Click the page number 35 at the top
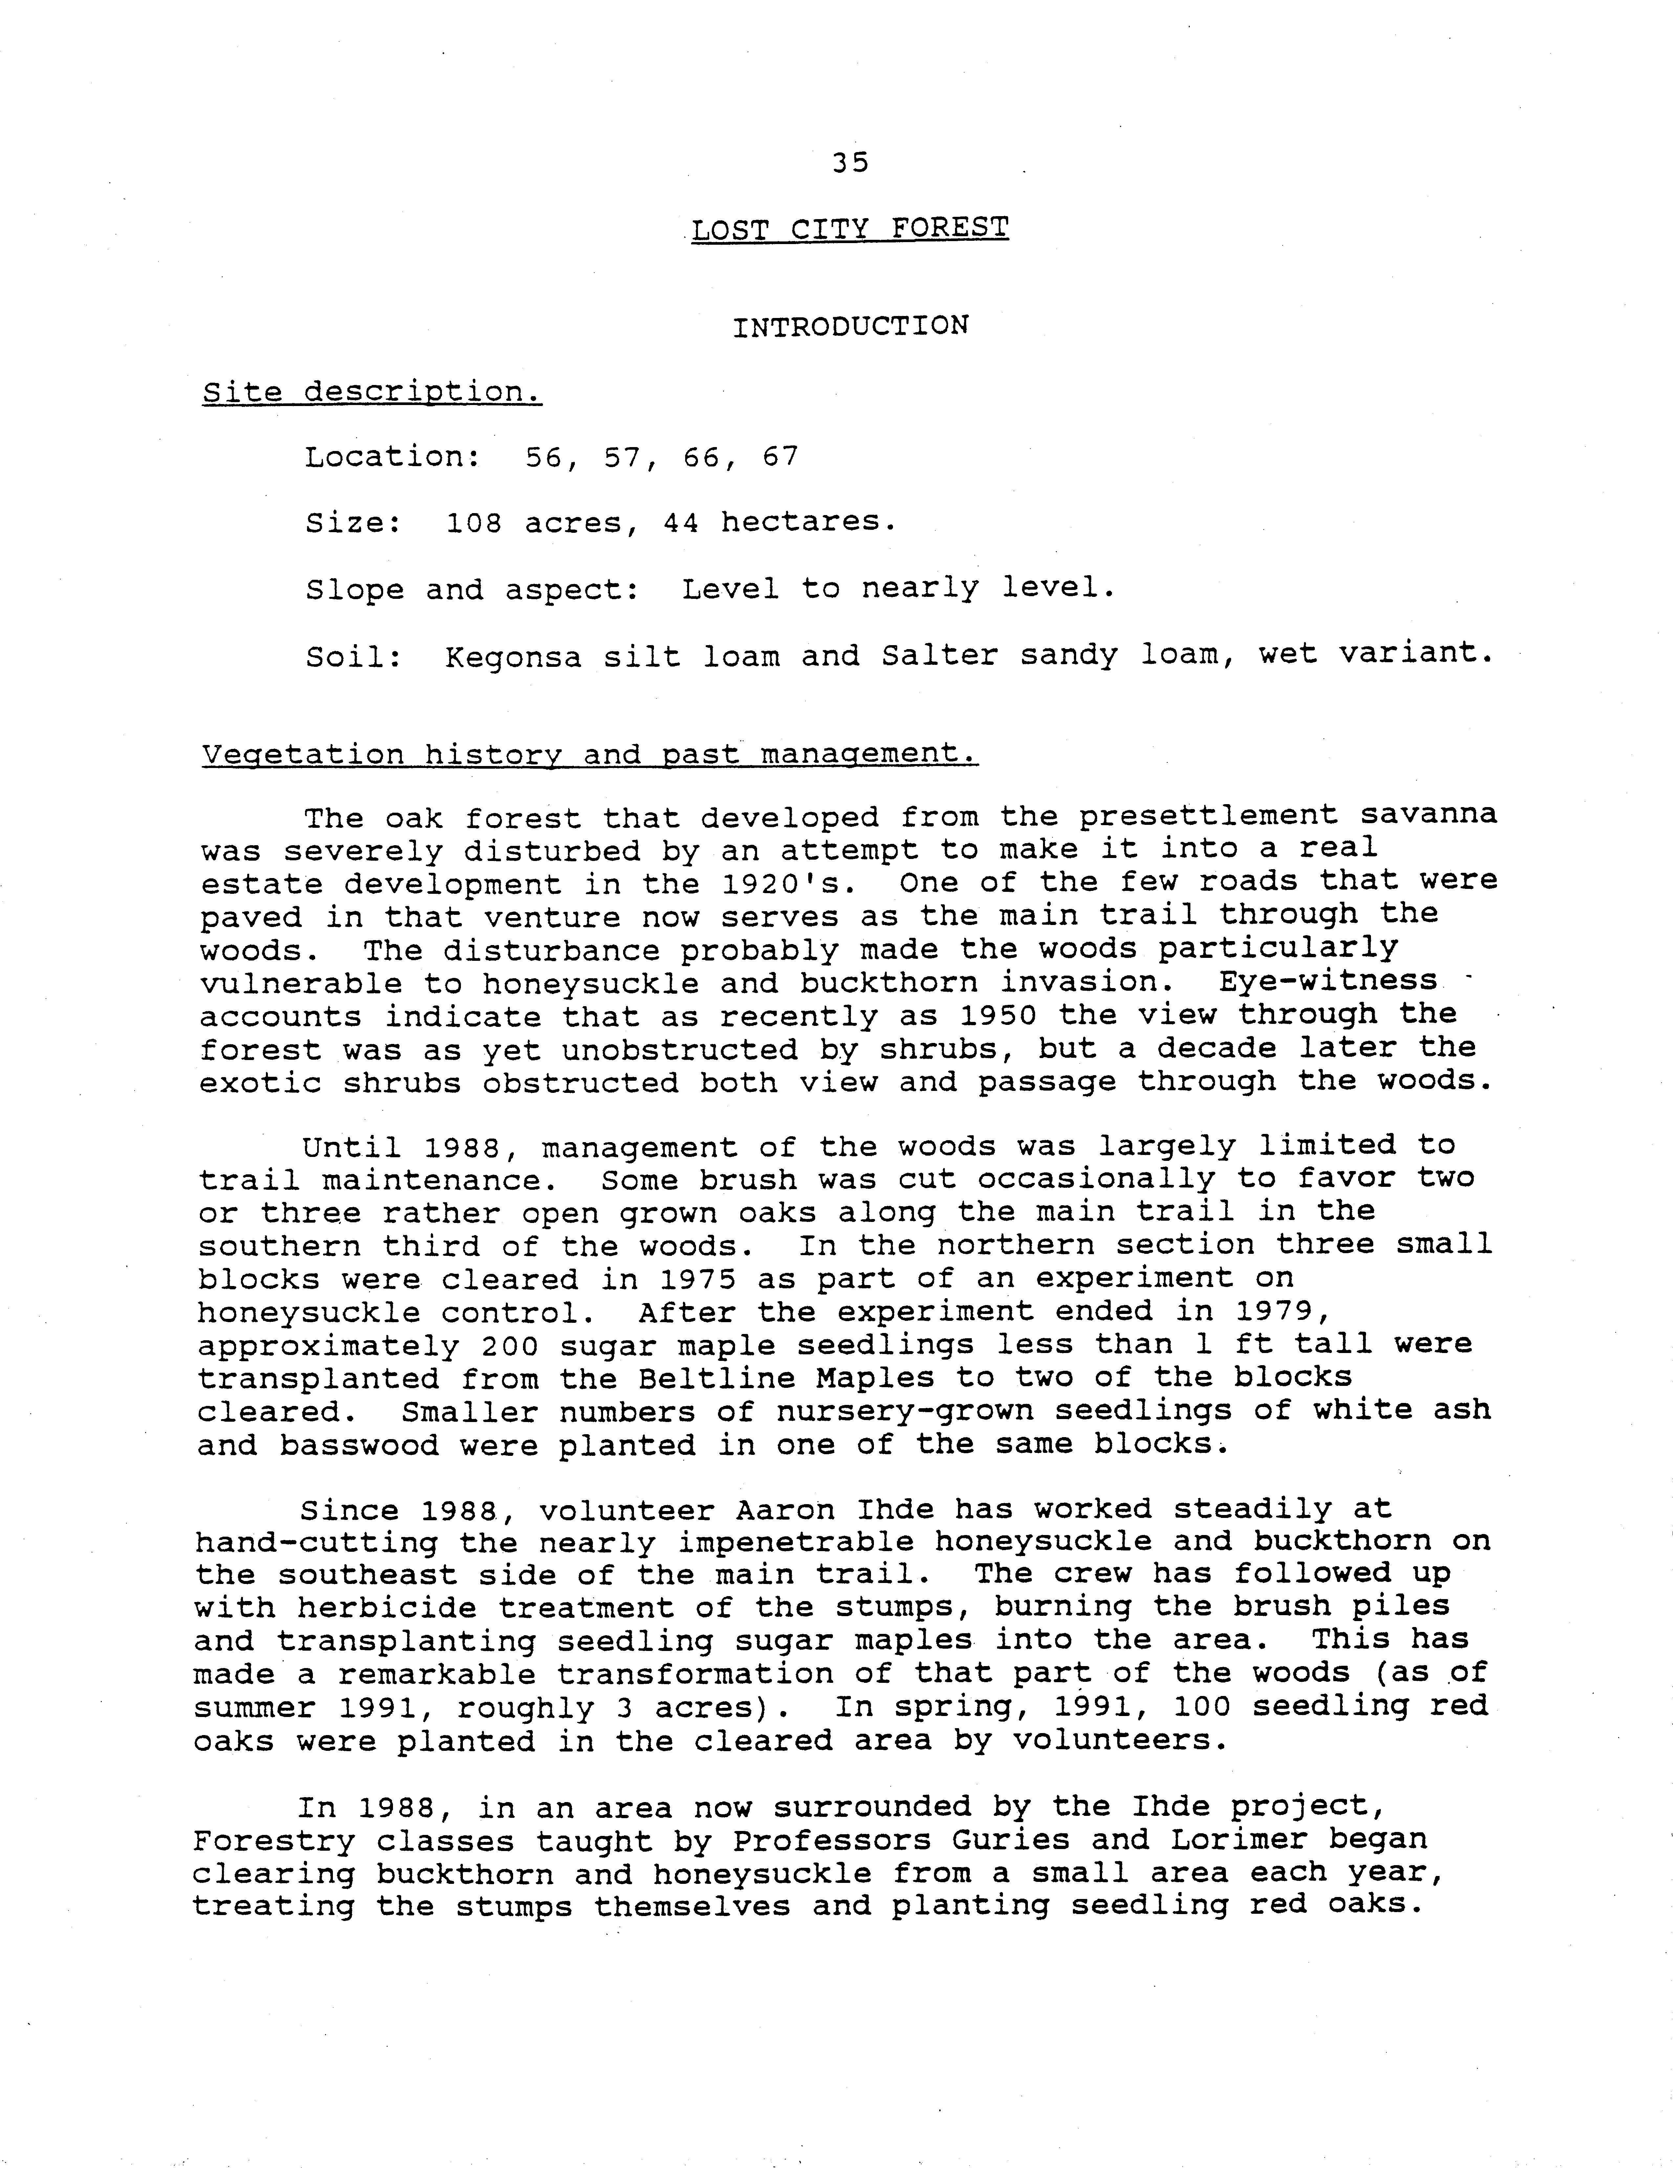(x=850, y=162)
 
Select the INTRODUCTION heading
(x=850, y=327)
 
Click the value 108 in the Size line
(x=474, y=522)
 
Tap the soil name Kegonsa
(x=513, y=656)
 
